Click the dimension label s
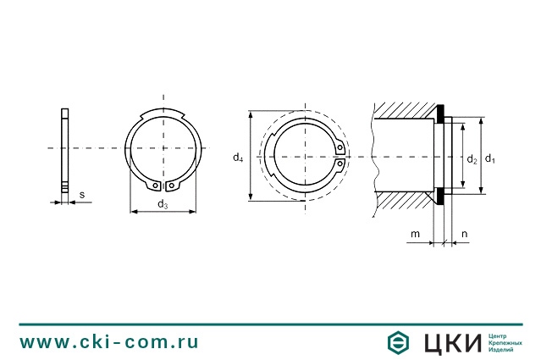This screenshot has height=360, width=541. pos(82,195)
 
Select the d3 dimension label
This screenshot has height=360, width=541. pos(162,204)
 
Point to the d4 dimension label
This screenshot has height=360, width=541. pos(238,157)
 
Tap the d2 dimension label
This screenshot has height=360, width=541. pos(472,158)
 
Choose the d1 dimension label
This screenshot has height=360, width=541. pos(490,158)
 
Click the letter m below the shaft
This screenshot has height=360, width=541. pos(415,233)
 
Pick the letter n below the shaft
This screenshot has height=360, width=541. pos(465,233)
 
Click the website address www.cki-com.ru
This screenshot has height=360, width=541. pos(109,342)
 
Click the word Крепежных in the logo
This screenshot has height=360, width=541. pos(505,342)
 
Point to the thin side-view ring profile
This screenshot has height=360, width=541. pos(65,150)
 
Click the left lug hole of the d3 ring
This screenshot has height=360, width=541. pos(154,186)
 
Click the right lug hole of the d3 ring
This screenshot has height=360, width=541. pos(172,186)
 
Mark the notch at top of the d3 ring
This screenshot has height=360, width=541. pos(163,115)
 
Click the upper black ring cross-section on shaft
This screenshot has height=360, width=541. pos(443,114)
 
